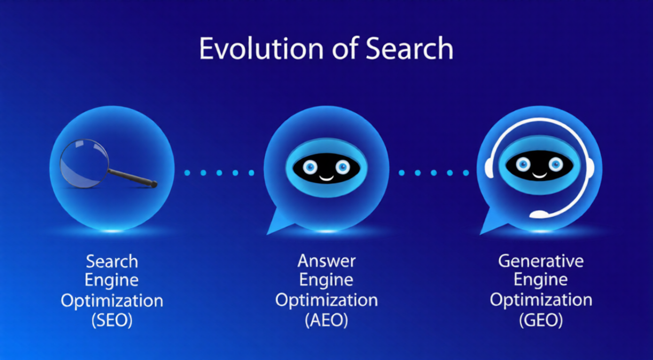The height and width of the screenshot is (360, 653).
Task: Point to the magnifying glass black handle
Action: [x=132, y=177]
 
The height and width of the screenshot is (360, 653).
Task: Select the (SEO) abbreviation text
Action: [x=112, y=320]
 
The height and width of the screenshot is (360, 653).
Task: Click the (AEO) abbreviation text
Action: [x=326, y=320]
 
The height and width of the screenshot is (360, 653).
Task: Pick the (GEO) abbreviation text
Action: [x=541, y=320]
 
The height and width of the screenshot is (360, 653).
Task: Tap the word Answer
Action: [x=326, y=261]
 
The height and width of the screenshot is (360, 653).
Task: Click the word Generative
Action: [x=541, y=261]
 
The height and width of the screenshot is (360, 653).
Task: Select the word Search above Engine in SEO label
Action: [x=112, y=261]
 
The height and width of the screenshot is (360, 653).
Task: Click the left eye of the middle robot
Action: [x=309, y=167]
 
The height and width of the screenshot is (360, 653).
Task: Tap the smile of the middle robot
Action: [x=326, y=176]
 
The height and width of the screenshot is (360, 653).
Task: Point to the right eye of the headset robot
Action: [x=556, y=164]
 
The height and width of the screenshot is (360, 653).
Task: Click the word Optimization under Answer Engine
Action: [x=326, y=300]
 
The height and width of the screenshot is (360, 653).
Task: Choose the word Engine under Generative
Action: [x=541, y=280]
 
